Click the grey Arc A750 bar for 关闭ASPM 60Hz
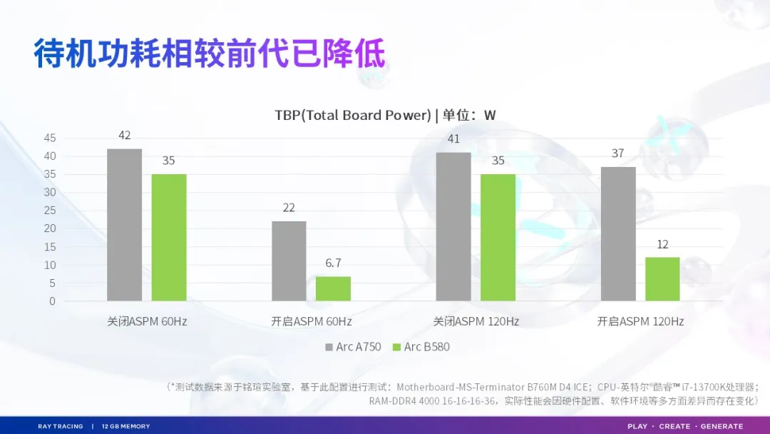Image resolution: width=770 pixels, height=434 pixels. [x=124, y=225]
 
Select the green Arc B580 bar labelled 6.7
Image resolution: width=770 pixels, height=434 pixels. [x=333, y=288]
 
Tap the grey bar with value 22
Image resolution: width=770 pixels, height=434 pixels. [x=289, y=261]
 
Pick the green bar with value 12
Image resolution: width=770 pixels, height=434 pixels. [x=662, y=279]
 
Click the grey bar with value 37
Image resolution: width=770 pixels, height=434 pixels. [x=618, y=234]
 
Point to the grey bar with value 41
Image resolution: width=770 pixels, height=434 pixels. [x=453, y=226]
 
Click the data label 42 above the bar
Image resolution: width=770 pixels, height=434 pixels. [x=125, y=136]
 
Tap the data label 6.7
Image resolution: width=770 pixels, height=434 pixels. [x=333, y=263]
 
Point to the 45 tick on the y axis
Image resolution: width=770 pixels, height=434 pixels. [x=49, y=138]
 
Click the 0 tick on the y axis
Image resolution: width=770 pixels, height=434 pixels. [x=52, y=301]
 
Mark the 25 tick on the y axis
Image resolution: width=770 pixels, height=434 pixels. [x=49, y=211]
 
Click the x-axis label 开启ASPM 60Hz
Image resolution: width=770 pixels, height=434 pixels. [x=312, y=322]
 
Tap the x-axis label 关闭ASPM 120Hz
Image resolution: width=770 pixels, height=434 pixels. [x=476, y=322]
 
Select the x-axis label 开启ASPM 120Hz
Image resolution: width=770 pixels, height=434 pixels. [x=640, y=322]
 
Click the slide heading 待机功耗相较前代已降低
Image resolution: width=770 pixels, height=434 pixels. [x=210, y=54]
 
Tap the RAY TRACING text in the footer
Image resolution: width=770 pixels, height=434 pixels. [x=61, y=426]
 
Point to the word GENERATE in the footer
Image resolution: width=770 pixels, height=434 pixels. [x=722, y=426]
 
